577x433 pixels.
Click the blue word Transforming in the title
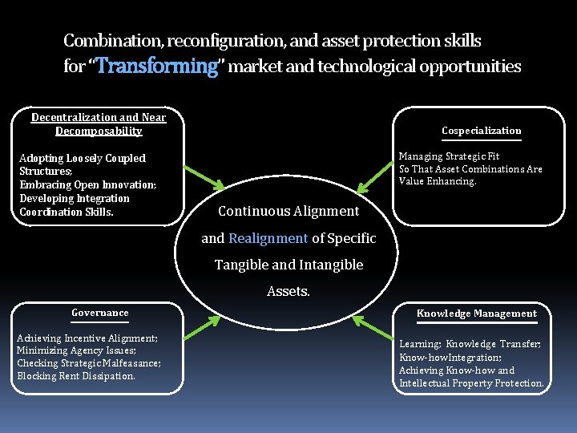(157, 66)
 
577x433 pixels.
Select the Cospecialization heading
(481, 131)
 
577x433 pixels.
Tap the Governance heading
(99, 313)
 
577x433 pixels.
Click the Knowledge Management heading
(476, 314)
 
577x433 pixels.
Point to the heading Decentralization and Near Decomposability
(99, 123)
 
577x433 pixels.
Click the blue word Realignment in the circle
(268, 238)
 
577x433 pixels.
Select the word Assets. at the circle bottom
(288, 292)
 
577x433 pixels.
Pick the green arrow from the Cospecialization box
(375, 179)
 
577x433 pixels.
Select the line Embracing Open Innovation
(87, 185)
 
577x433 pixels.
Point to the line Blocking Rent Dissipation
(76, 376)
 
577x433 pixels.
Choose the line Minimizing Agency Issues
(76, 350)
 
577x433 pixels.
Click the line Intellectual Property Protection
(471, 383)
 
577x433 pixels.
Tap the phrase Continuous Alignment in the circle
(288, 211)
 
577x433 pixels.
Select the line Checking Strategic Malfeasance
(88, 363)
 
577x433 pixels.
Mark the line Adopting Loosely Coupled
(82, 159)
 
